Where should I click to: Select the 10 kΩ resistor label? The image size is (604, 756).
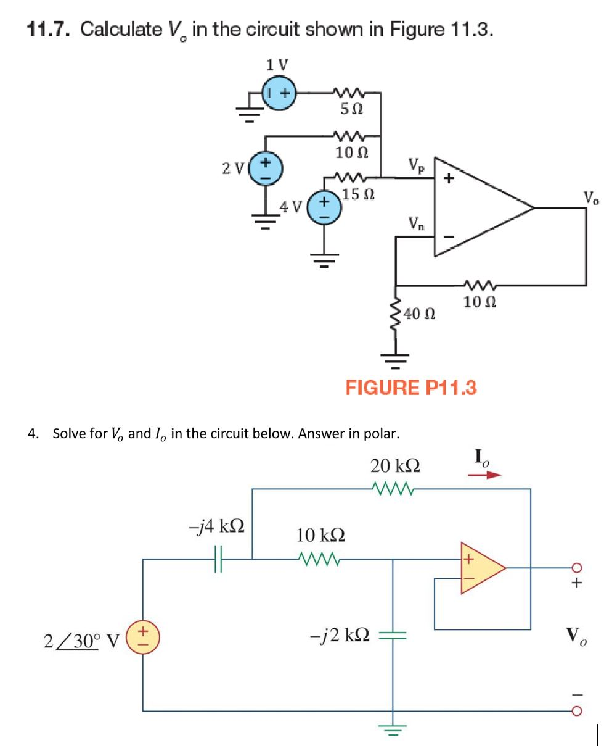tap(320, 535)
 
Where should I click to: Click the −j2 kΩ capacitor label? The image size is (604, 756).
tap(337, 635)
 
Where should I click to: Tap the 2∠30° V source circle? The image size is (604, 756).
tap(143, 636)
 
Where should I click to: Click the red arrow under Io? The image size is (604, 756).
tap(485, 476)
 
